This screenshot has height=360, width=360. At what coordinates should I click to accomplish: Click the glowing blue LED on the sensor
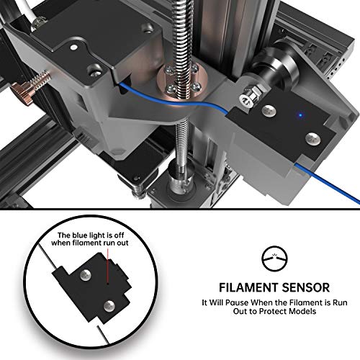click(x=300, y=115)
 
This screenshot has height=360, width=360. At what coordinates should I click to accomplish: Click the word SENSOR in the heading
click(x=305, y=287)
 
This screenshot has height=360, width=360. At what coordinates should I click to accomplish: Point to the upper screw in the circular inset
click(x=86, y=274)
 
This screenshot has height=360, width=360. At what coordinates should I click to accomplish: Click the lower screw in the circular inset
click(x=109, y=305)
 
